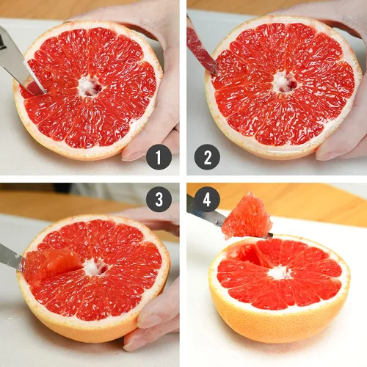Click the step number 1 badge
[x=159, y=157]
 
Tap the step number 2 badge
[x=207, y=157]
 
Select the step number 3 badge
[x=159, y=199]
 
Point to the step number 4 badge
[x=207, y=199]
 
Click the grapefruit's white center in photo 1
[x=90, y=86]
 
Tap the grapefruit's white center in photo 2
[x=284, y=82]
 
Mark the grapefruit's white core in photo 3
[x=95, y=266]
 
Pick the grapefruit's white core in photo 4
[x=280, y=273]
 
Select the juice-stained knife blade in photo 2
[x=200, y=50]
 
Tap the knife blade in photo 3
[x=11, y=257]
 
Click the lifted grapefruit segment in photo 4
[x=247, y=217]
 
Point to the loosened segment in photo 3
[x=52, y=264]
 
